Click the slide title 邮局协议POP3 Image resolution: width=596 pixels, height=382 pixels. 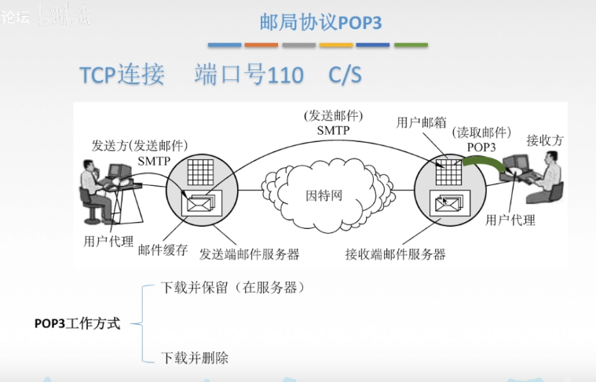click(x=320, y=22)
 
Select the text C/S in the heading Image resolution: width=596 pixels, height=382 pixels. click(x=345, y=75)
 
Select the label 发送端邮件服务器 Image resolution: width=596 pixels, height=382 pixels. click(x=250, y=254)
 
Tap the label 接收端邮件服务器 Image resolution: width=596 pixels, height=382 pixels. click(x=395, y=254)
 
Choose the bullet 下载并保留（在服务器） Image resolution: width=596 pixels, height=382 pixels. click(x=232, y=288)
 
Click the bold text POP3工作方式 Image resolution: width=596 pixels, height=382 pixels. click(x=77, y=323)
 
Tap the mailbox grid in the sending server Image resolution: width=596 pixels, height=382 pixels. click(x=200, y=171)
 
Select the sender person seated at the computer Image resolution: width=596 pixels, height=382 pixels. click(x=96, y=191)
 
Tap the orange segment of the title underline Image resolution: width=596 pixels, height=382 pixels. click(x=261, y=45)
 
